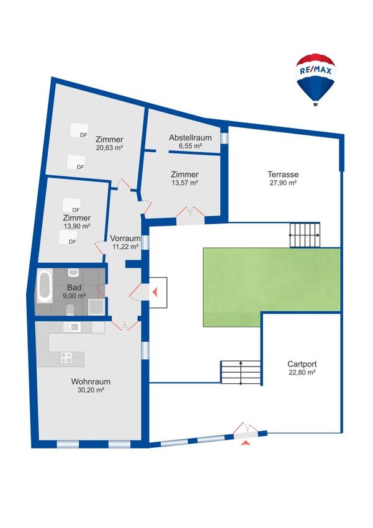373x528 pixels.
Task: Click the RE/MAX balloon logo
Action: coord(315,80)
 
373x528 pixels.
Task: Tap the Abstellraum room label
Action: coord(191,138)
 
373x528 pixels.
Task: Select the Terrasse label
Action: coord(283,175)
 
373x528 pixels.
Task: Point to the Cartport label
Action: coord(302,364)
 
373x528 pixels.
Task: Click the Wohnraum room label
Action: coord(91,382)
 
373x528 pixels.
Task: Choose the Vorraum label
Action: coord(125,239)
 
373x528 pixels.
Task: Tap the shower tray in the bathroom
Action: coord(97,306)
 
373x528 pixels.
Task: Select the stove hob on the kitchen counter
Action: coord(66,357)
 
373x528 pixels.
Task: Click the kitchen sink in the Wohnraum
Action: coord(71,327)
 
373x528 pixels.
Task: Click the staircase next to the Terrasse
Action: coord(305,235)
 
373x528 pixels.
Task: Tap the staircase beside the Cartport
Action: coord(241,372)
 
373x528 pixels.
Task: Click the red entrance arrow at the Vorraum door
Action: coord(155,292)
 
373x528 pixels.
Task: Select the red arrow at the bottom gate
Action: coord(246,442)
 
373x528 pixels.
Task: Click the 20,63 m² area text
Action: coord(109,147)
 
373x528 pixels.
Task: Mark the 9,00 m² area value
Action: coord(74,296)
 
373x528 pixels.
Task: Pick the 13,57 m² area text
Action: coord(185,183)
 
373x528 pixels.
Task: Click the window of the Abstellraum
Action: coord(224,138)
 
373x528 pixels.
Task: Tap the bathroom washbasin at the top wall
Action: coord(73,272)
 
